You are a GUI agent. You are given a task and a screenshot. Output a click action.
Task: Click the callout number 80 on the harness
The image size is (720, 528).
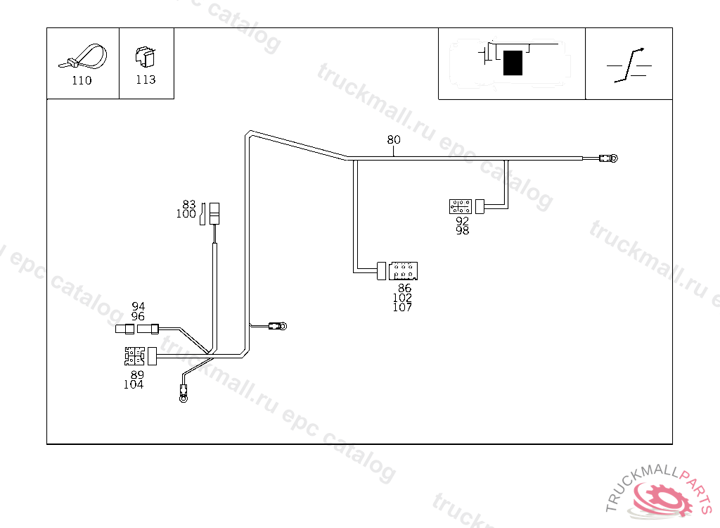coord(394,139)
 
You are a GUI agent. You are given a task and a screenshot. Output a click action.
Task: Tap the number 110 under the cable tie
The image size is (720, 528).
coord(82,80)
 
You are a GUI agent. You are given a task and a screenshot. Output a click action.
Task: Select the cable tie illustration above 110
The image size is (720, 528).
coord(83,56)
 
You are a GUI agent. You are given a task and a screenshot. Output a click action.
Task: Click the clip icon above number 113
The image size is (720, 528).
coord(145,56)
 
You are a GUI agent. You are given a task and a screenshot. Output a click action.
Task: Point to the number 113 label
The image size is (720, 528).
coord(146,80)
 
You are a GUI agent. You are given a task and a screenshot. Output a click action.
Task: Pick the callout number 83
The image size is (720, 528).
coord(188,205)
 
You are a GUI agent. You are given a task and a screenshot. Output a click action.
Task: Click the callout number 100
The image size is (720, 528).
coord(186,214)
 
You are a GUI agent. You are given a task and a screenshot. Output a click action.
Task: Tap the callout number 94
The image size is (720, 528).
coord(139,306)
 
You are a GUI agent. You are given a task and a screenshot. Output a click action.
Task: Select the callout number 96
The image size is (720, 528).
coord(139,316)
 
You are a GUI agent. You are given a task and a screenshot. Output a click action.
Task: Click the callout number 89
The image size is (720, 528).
coord(136,375)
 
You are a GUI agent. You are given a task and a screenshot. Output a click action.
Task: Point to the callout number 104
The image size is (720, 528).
coord(134,384)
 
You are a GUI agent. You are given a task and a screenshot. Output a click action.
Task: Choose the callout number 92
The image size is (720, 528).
coord(462,220)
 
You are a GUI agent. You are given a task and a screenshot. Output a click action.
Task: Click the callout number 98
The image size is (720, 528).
coord(462,230)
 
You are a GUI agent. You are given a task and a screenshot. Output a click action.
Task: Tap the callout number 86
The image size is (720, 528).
coord(404,288)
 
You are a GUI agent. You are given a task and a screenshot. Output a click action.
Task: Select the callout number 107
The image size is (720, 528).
coord(403,307)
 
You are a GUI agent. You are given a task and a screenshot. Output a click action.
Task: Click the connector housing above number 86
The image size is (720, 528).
coord(404,270)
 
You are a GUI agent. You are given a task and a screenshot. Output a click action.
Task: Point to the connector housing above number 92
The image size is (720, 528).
coord(461,206)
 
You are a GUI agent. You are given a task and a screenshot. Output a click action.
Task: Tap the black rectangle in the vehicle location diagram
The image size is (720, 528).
coord(513,63)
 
